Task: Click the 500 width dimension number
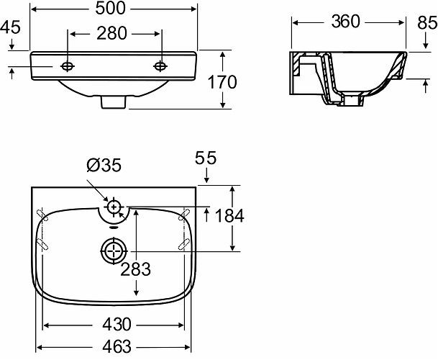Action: pos(110,9)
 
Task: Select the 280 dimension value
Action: pos(111,34)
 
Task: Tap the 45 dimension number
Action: pos(10,27)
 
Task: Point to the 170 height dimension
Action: pos(222,82)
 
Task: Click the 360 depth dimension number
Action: pos(345,22)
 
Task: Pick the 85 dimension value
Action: pos(427,22)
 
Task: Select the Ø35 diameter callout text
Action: pos(104,165)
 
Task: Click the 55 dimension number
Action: pos(206,158)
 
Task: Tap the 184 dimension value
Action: pos(229,216)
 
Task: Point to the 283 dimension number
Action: pos(135,269)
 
